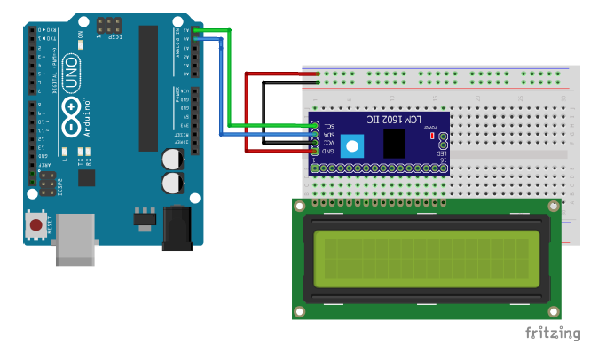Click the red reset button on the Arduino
coord(35,225)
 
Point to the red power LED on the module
coord(431,137)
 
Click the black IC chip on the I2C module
coord(394,143)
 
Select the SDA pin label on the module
coord(327,135)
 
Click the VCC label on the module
coord(327,143)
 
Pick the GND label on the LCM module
coord(327,151)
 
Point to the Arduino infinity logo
coord(76,110)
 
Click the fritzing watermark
coord(552,333)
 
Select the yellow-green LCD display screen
coord(425,258)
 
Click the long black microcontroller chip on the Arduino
coord(146,89)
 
